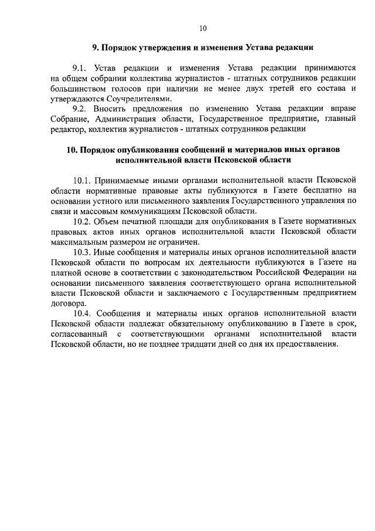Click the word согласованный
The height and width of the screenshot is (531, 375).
click(x=79, y=333)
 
